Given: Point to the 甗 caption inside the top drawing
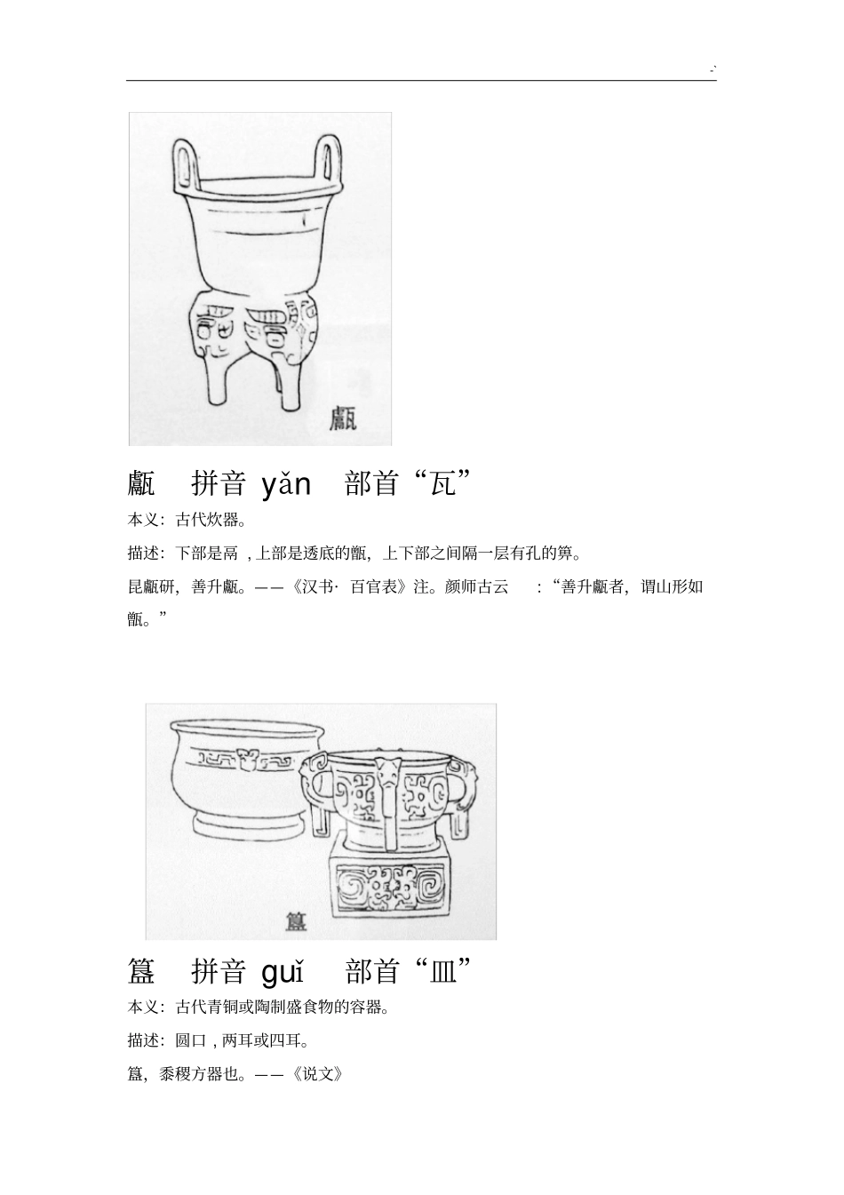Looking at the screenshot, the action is [x=343, y=418].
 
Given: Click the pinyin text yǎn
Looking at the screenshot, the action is [x=286, y=484].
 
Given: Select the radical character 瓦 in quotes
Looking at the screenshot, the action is [x=442, y=483].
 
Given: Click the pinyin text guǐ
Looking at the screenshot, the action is [x=283, y=971].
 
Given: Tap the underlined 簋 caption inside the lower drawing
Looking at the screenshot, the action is [x=296, y=920].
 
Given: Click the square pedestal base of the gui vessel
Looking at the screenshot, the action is [x=389, y=886].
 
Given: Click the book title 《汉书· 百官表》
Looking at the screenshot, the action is [x=351, y=586].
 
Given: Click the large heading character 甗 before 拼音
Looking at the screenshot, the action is [x=141, y=483].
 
